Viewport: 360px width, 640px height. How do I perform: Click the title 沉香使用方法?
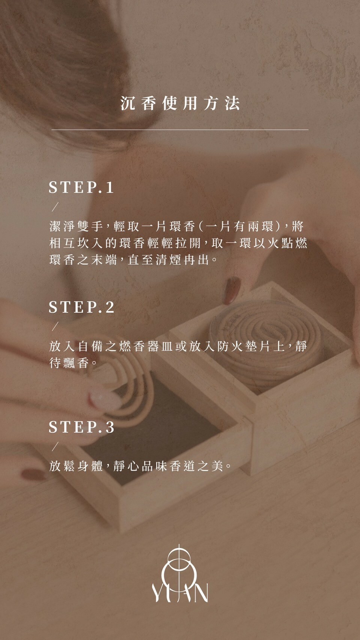(x=180, y=103)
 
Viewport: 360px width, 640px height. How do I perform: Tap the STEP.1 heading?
(x=81, y=187)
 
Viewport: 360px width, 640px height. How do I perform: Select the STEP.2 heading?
(x=81, y=307)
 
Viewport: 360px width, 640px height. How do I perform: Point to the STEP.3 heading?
(x=81, y=427)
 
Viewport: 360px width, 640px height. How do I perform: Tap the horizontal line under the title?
(x=180, y=130)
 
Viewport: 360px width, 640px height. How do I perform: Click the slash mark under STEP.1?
(x=55, y=207)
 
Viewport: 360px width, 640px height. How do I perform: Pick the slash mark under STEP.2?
(x=55, y=326)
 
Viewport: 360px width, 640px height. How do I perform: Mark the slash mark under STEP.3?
(x=55, y=446)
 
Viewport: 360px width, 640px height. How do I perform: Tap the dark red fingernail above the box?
(x=232, y=290)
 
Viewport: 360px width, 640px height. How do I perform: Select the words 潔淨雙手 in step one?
(x=76, y=226)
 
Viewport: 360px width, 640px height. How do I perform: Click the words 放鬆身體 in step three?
(x=76, y=466)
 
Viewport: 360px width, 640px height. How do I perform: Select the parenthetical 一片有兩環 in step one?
(x=240, y=226)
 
